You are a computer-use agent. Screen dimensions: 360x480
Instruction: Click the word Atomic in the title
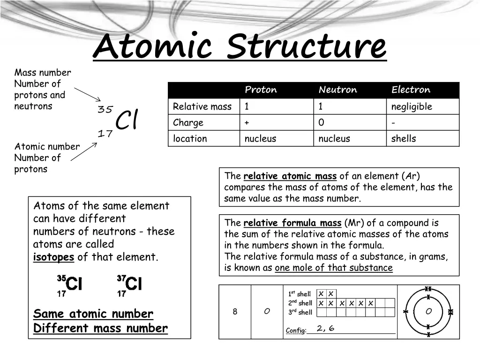(x=155, y=46)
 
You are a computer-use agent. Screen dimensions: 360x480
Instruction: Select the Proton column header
(x=261, y=90)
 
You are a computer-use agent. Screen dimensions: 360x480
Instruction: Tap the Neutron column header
(x=337, y=90)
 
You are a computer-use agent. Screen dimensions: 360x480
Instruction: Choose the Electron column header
(x=411, y=90)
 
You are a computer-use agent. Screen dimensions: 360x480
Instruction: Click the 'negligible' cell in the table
(x=412, y=106)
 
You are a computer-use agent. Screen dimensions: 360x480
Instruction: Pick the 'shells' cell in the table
(x=404, y=138)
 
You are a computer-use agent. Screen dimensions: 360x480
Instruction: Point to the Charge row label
(x=188, y=122)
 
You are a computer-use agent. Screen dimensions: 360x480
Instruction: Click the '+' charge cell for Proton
(x=246, y=122)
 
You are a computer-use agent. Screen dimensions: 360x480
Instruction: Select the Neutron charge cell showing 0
(x=321, y=122)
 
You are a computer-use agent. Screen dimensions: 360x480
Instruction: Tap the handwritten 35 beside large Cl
(x=105, y=110)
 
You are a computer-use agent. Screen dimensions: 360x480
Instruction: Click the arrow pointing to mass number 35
(x=88, y=94)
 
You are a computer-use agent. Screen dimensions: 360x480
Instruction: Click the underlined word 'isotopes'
(x=53, y=257)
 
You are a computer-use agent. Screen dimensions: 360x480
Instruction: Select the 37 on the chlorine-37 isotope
(x=121, y=278)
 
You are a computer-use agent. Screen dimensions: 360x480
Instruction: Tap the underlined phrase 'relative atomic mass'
(x=290, y=176)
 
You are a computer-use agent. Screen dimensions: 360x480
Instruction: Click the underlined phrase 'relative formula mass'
(x=292, y=223)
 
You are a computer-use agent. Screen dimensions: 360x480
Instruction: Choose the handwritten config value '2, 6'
(x=325, y=328)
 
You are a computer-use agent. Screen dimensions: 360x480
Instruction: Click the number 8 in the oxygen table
(x=235, y=312)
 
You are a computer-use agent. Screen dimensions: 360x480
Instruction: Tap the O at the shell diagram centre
(x=428, y=311)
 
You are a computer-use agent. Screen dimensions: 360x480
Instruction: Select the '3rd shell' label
(x=300, y=312)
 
